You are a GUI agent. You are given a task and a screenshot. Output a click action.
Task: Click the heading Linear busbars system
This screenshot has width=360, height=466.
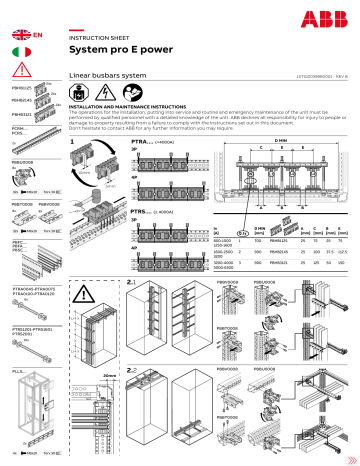click(109, 76)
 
